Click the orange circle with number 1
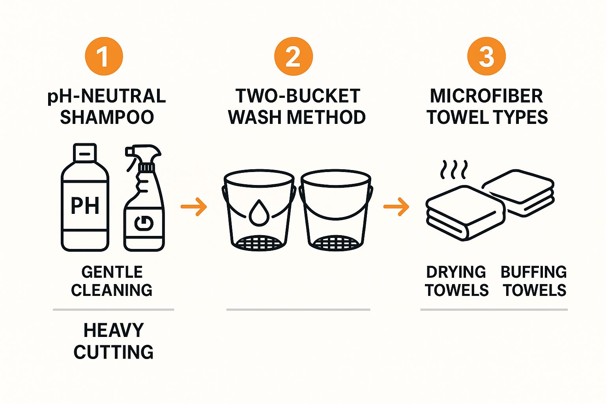[104, 56]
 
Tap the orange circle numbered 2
[294, 56]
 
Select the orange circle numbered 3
[486, 56]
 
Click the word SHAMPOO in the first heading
[107, 117]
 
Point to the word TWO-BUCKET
[297, 96]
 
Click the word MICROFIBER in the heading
[486, 96]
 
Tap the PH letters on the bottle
[85, 206]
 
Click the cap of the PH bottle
[85, 153]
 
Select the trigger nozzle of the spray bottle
[143, 155]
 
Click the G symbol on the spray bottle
[144, 224]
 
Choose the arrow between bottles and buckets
[194, 207]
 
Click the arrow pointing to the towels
[397, 207]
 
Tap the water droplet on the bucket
[259, 213]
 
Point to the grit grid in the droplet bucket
[259, 243]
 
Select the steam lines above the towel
[454, 170]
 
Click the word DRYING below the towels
[456, 272]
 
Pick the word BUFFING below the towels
[533, 272]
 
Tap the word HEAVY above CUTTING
[114, 330]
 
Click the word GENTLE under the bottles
[112, 272]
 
